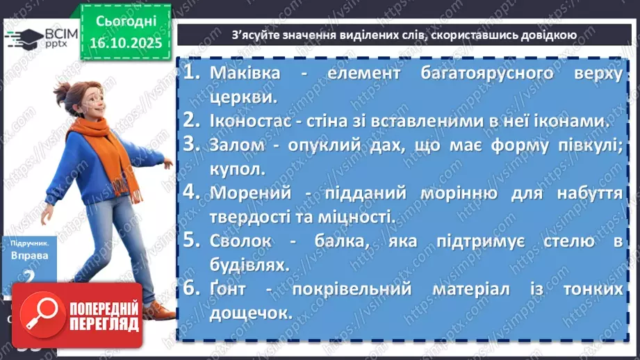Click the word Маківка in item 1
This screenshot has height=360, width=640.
click(x=245, y=73)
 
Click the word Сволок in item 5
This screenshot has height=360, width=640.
click(x=240, y=241)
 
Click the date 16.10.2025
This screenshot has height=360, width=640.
click(x=124, y=43)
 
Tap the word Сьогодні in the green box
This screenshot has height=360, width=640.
click(x=124, y=21)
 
